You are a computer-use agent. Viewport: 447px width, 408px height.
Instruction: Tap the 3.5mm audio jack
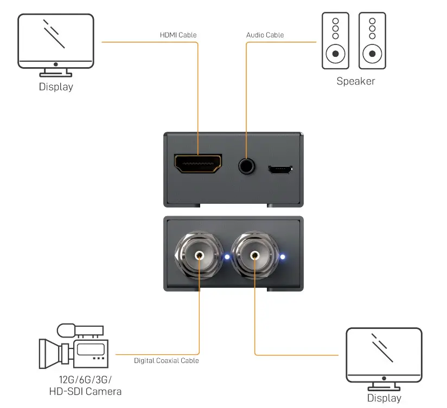[247, 165]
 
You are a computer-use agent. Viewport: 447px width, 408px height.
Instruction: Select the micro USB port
[280, 170]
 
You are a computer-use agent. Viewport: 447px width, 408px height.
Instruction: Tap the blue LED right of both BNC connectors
[283, 257]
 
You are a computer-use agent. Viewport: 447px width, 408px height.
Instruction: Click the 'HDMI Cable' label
[178, 35]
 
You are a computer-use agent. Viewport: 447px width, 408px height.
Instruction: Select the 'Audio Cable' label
[265, 35]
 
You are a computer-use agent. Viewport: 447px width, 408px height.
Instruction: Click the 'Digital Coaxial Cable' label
[167, 360]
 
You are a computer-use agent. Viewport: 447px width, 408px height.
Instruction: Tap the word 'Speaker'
[355, 81]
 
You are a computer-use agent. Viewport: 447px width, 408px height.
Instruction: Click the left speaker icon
[335, 41]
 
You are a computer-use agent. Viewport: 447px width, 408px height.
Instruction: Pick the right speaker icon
[372, 41]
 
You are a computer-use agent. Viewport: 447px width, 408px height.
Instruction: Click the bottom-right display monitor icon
[384, 356]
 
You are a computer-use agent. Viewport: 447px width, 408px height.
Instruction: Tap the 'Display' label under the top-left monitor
[55, 87]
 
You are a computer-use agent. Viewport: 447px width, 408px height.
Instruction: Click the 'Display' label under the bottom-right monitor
[384, 398]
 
